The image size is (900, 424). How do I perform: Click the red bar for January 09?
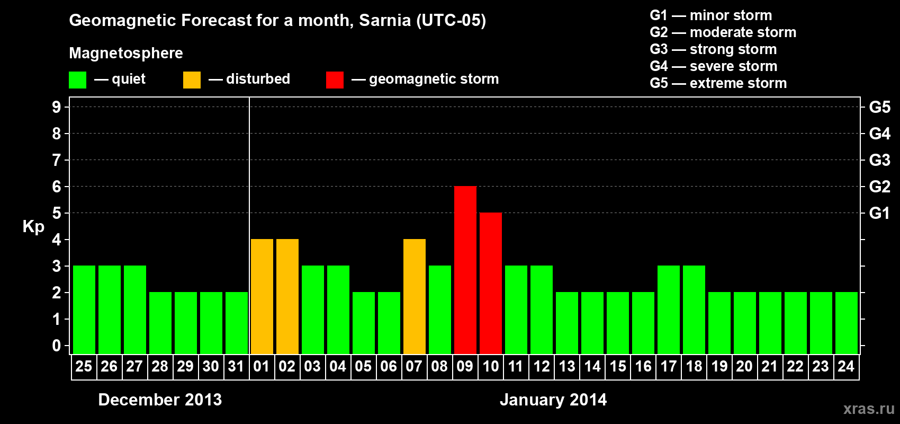[465, 270]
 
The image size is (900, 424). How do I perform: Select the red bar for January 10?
[491, 283]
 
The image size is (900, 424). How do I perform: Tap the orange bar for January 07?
[415, 296]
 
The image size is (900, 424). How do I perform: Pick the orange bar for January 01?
[262, 296]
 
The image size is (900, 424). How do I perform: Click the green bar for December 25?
[84, 310]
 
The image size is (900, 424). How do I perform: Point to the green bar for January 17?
[669, 310]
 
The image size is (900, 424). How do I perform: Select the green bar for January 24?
[847, 323]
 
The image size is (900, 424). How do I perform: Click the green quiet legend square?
[77, 80]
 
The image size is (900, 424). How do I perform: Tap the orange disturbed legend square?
[192, 80]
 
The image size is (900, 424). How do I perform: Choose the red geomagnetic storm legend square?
[335, 80]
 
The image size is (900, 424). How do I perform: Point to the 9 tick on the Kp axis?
[57, 107]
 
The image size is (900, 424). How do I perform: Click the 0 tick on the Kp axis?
[57, 346]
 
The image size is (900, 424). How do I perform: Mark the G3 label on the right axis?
[879, 160]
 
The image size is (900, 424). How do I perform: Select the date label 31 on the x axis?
[236, 366]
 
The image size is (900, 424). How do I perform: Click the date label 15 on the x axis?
[618, 366]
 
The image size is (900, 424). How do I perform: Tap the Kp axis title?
[33, 226]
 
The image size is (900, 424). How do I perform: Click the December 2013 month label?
[160, 400]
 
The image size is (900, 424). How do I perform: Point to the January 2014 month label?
[553, 400]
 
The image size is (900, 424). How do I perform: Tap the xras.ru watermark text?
[869, 409]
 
